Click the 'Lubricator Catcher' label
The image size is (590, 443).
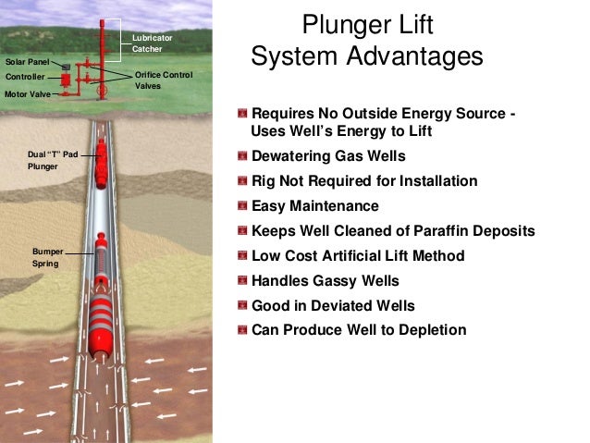(x=152, y=42)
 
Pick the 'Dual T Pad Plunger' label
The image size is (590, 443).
(x=54, y=161)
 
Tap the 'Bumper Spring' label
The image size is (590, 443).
(x=46, y=258)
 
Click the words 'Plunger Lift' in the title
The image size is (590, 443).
(x=367, y=22)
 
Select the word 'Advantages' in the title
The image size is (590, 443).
(x=420, y=57)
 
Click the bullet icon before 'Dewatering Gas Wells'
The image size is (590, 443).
(x=242, y=156)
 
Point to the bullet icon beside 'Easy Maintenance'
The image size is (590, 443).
(x=242, y=206)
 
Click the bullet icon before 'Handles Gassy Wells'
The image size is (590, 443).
(x=242, y=280)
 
